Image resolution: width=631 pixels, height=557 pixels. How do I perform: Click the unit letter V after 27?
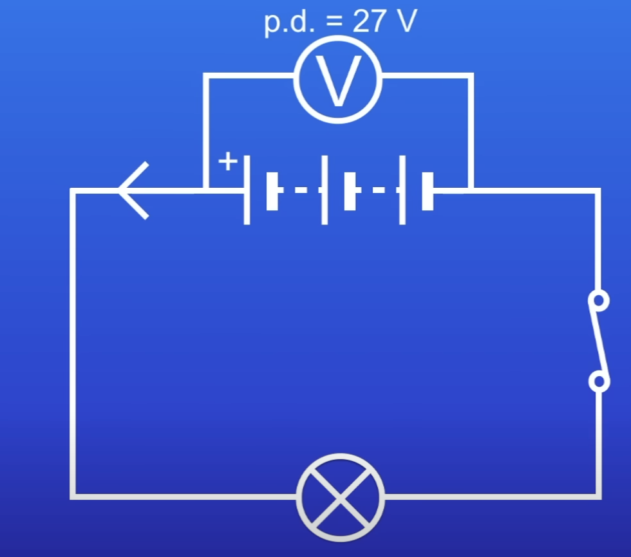pyautogui.click(x=404, y=21)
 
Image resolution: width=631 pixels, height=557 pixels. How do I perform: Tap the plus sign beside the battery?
pyautogui.click(x=227, y=161)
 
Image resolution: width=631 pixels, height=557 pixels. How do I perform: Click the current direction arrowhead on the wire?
pyautogui.click(x=134, y=190)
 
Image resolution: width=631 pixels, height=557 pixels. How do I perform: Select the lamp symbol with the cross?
pyautogui.click(x=341, y=497)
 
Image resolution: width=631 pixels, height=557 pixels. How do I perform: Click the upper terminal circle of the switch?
pyautogui.click(x=599, y=300)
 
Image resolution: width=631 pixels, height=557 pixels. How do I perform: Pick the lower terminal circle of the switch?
pyautogui.click(x=599, y=381)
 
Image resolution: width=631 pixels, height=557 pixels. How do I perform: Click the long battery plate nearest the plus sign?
pyautogui.click(x=247, y=190)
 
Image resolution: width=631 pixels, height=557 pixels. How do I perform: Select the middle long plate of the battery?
pyautogui.click(x=325, y=190)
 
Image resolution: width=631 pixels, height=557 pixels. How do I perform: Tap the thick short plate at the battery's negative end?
pyautogui.click(x=428, y=190)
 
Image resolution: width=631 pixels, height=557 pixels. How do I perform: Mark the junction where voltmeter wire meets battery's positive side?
pyautogui.click(x=205, y=190)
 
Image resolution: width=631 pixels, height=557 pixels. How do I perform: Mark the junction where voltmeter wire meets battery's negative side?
pyautogui.click(x=471, y=190)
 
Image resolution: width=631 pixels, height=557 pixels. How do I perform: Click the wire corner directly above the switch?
pyautogui.click(x=598, y=191)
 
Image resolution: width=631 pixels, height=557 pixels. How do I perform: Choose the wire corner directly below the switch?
pyautogui.click(x=598, y=496)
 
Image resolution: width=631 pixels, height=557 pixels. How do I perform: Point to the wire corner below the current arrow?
pyautogui.click(x=73, y=496)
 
